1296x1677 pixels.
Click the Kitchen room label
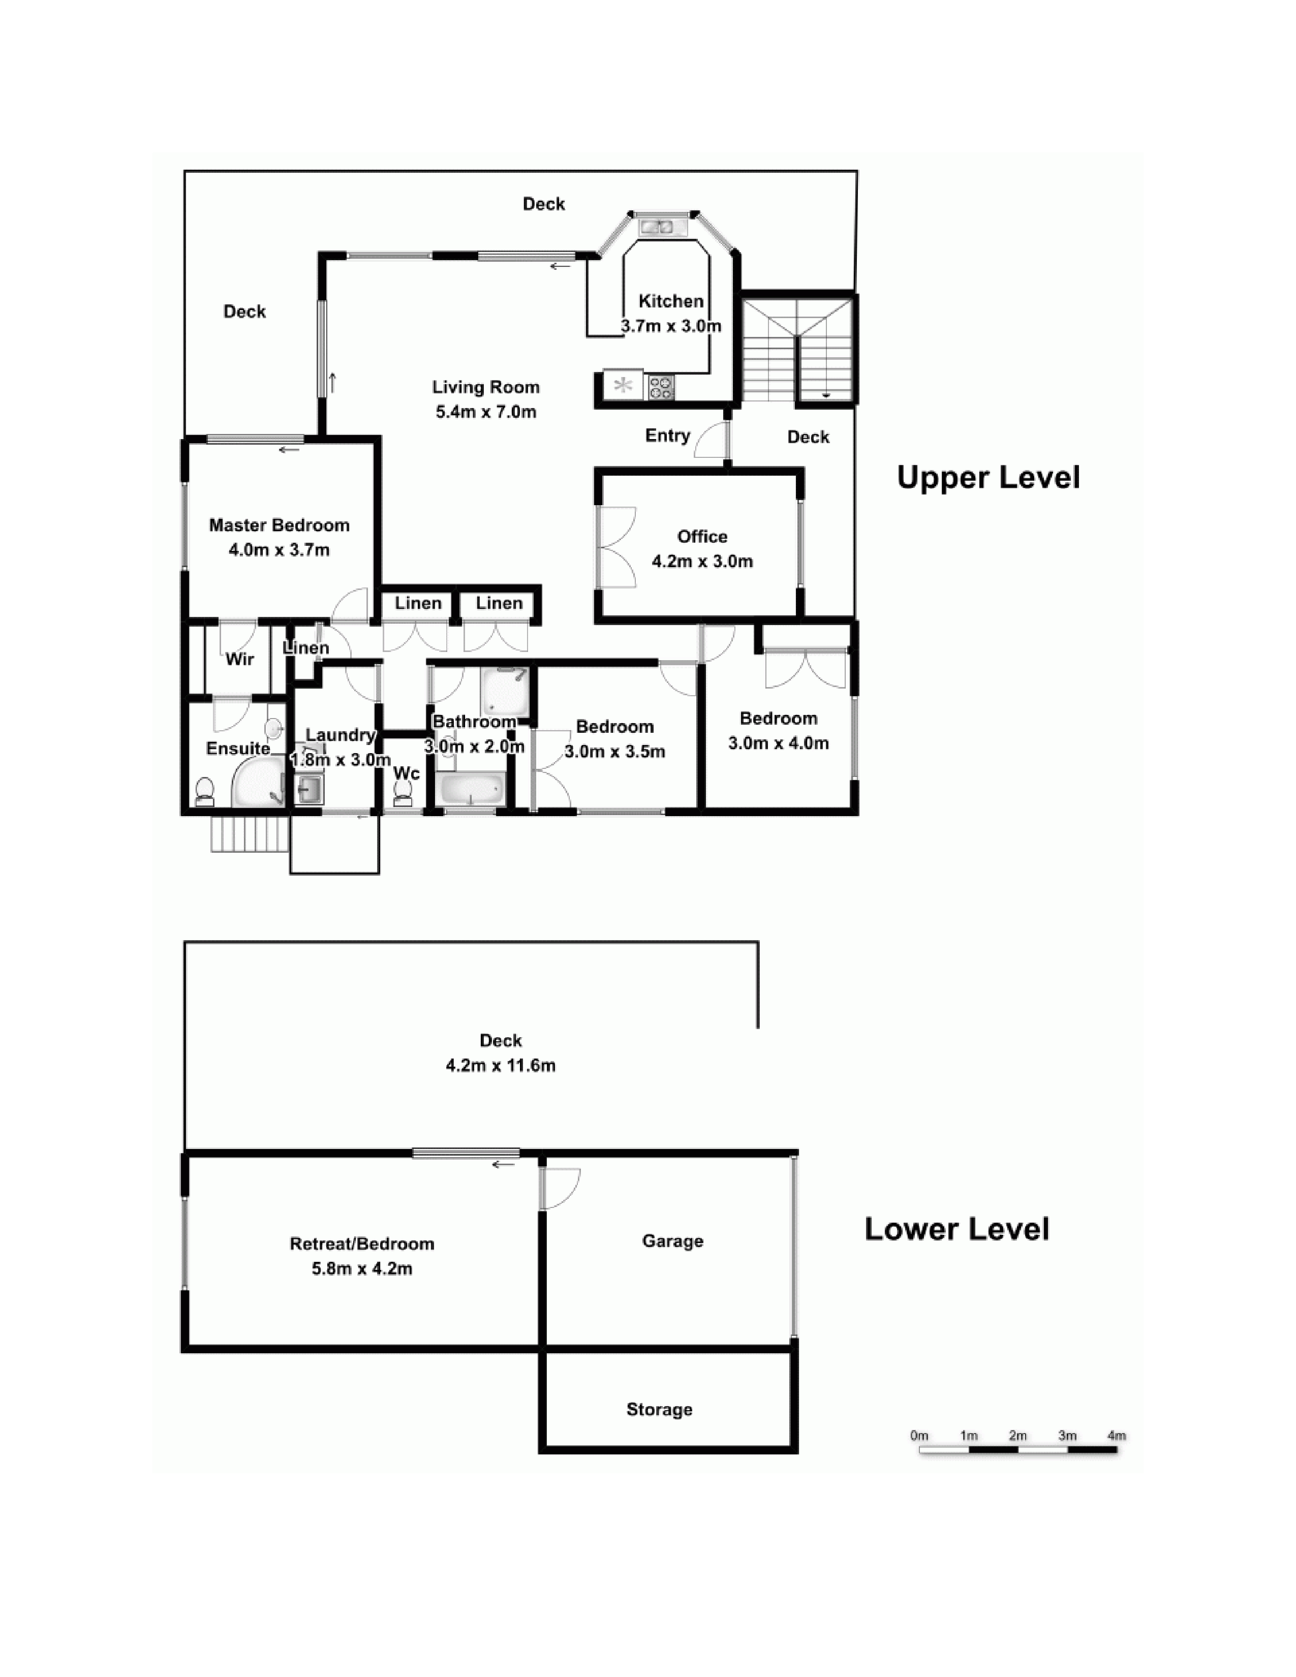point(671,301)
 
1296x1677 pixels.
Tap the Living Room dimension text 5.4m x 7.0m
point(486,412)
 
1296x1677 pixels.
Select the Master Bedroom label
point(280,525)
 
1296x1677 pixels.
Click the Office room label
point(702,536)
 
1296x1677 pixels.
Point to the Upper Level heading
point(988,478)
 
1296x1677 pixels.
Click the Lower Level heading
point(956,1229)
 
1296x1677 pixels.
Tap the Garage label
point(672,1241)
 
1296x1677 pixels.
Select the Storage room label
point(660,1410)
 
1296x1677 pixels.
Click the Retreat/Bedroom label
point(362,1244)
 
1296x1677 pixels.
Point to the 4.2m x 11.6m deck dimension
point(501,1066)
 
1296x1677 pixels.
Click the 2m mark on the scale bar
point(1018,1435)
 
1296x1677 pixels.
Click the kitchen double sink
point(657,227)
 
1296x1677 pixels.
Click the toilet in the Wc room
point(402,793)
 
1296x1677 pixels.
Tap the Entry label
point(667,436)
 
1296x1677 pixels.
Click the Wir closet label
point(239,659)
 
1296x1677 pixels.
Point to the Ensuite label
point(238,749)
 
